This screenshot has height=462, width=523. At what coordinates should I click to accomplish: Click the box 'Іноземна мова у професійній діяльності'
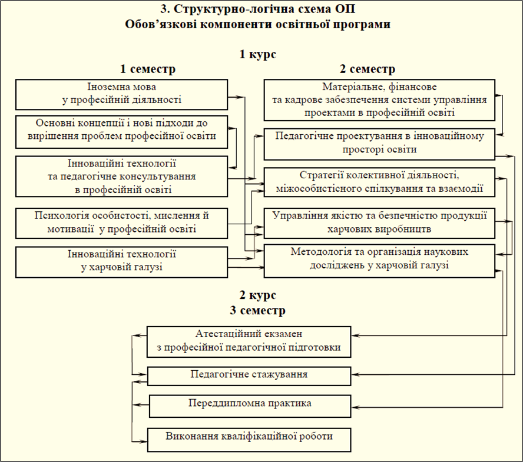coord(122,94)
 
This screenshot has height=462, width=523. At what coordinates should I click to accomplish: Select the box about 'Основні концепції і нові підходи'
coord(122,132)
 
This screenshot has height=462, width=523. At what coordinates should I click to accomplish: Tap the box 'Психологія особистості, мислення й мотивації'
coord(122,223)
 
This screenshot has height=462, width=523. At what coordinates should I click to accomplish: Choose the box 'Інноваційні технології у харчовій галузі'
coord(122,262)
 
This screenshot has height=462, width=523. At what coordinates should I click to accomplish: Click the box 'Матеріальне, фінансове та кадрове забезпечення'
coord(379,100)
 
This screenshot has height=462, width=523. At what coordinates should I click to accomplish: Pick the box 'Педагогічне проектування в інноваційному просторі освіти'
coord(379,144)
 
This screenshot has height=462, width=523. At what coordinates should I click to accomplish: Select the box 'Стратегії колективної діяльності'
coord(379,182)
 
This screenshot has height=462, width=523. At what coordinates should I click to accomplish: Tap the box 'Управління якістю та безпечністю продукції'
coord(379,223)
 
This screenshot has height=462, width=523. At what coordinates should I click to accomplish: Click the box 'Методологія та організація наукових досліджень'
coord(379,261)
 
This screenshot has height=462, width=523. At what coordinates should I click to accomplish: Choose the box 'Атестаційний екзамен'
coord(249,342)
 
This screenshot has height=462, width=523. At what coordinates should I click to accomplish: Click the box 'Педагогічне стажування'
coord(249,376)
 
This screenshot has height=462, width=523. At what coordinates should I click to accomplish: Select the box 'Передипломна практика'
coord(250,406)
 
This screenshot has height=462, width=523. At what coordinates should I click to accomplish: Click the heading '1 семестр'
coord(148,69)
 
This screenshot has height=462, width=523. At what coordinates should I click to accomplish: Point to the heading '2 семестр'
coord(368,69)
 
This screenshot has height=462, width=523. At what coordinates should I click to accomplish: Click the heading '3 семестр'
coord(257,310)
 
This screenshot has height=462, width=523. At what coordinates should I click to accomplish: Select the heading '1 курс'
coord(258,54)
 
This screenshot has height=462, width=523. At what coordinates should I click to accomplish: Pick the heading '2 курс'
coord(258,295)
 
